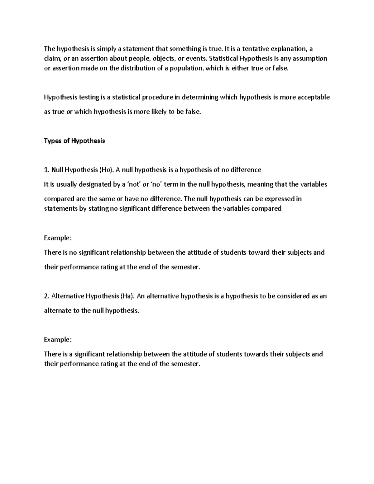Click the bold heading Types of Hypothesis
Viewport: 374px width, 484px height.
74,141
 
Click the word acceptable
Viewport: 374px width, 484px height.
313,97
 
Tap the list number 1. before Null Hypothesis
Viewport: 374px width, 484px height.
46,170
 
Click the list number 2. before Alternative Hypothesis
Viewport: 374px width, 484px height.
47,296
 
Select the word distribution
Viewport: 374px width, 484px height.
136,69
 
